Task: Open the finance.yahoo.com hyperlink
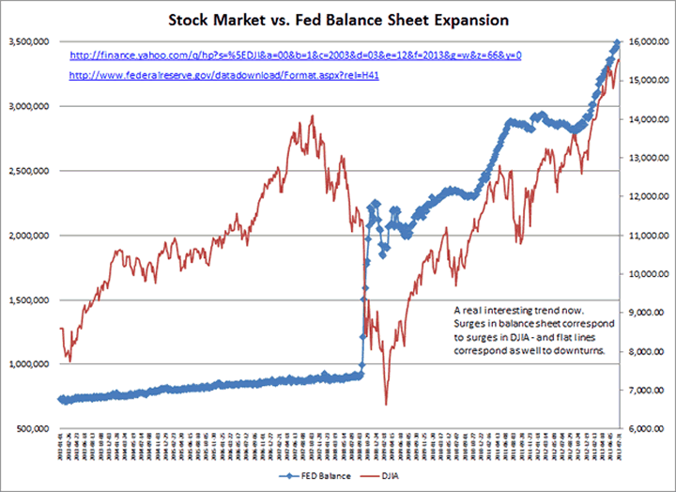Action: point(296,55)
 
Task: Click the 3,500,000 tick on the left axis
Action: point(29,41)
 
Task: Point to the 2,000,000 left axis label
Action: point(29,235)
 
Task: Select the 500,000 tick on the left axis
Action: point(34,428)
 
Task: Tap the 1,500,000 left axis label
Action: point(29,300)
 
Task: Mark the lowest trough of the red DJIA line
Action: point(386,405)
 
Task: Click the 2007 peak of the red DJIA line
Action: point(312,116)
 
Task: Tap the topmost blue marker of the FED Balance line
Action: point(617,42)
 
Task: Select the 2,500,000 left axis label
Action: point(29,171)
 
